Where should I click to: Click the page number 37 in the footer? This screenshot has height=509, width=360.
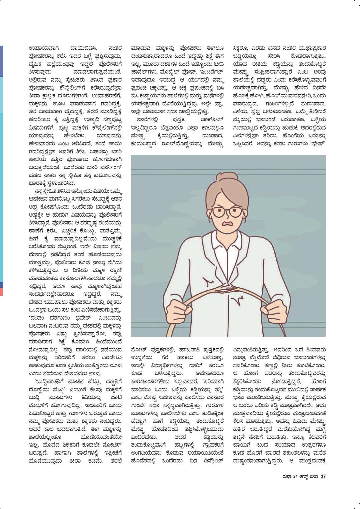pos(323,476)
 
